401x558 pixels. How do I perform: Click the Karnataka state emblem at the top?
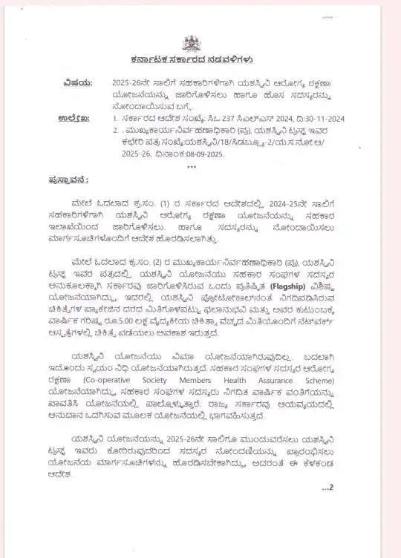192,43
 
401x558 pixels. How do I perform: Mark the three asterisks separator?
192,166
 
